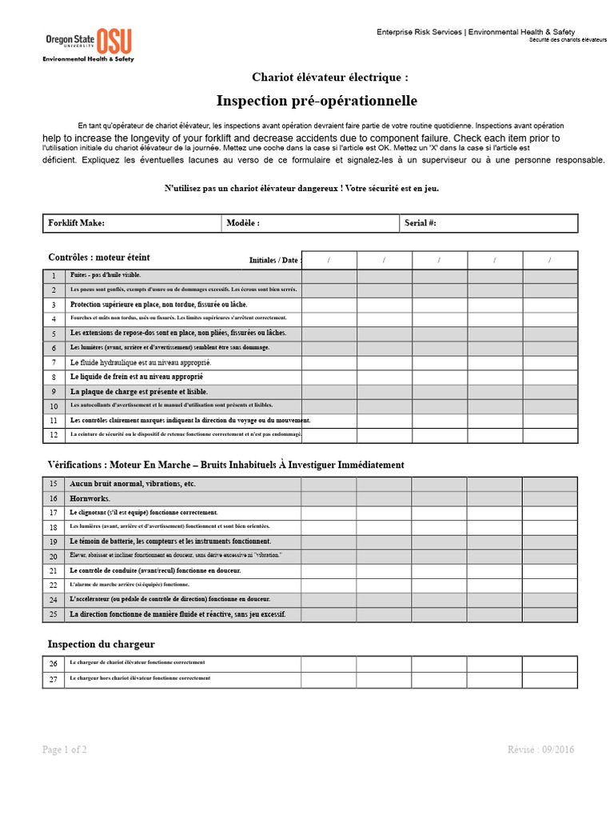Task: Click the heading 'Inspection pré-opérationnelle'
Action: pos(317,101)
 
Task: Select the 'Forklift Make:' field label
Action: pos(77,223)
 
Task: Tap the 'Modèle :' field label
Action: pos(243,223)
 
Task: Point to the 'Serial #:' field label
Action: pos(421,223)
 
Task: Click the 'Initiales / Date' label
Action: pos(274,260)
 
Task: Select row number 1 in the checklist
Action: pos(54,276)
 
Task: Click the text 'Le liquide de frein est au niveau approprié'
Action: pos(137,377)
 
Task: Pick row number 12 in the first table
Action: pos(54,435)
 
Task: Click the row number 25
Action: pos(54,615)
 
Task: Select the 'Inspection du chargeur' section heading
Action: pos(102,644)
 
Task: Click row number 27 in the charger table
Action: pos(54,680)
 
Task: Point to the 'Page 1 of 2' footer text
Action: pos(65,749)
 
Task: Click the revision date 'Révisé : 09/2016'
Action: pos(540,749)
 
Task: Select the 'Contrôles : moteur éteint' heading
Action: pos(99,258)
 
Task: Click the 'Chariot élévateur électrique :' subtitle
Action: pos(330,78)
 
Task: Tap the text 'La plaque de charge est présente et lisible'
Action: pos(139,392)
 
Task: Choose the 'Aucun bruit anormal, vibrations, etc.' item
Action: pos(133,484)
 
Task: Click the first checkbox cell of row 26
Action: pos(329,664)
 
